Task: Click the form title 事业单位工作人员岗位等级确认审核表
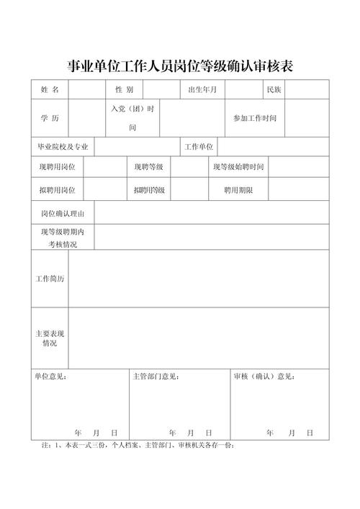coord(180,66)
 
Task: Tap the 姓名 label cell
coord(50,90)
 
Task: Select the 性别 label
coord(124,90)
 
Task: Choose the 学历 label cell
coord(50,117)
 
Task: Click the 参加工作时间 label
coord(254,117)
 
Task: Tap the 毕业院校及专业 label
coord(63,147)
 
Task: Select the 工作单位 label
coord(199,147)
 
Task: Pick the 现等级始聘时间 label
coord(238,167)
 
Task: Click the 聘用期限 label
coord(238,190)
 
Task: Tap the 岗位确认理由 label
coord(63,213)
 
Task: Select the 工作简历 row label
coord(50,279)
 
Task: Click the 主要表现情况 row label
coord(50,338)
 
